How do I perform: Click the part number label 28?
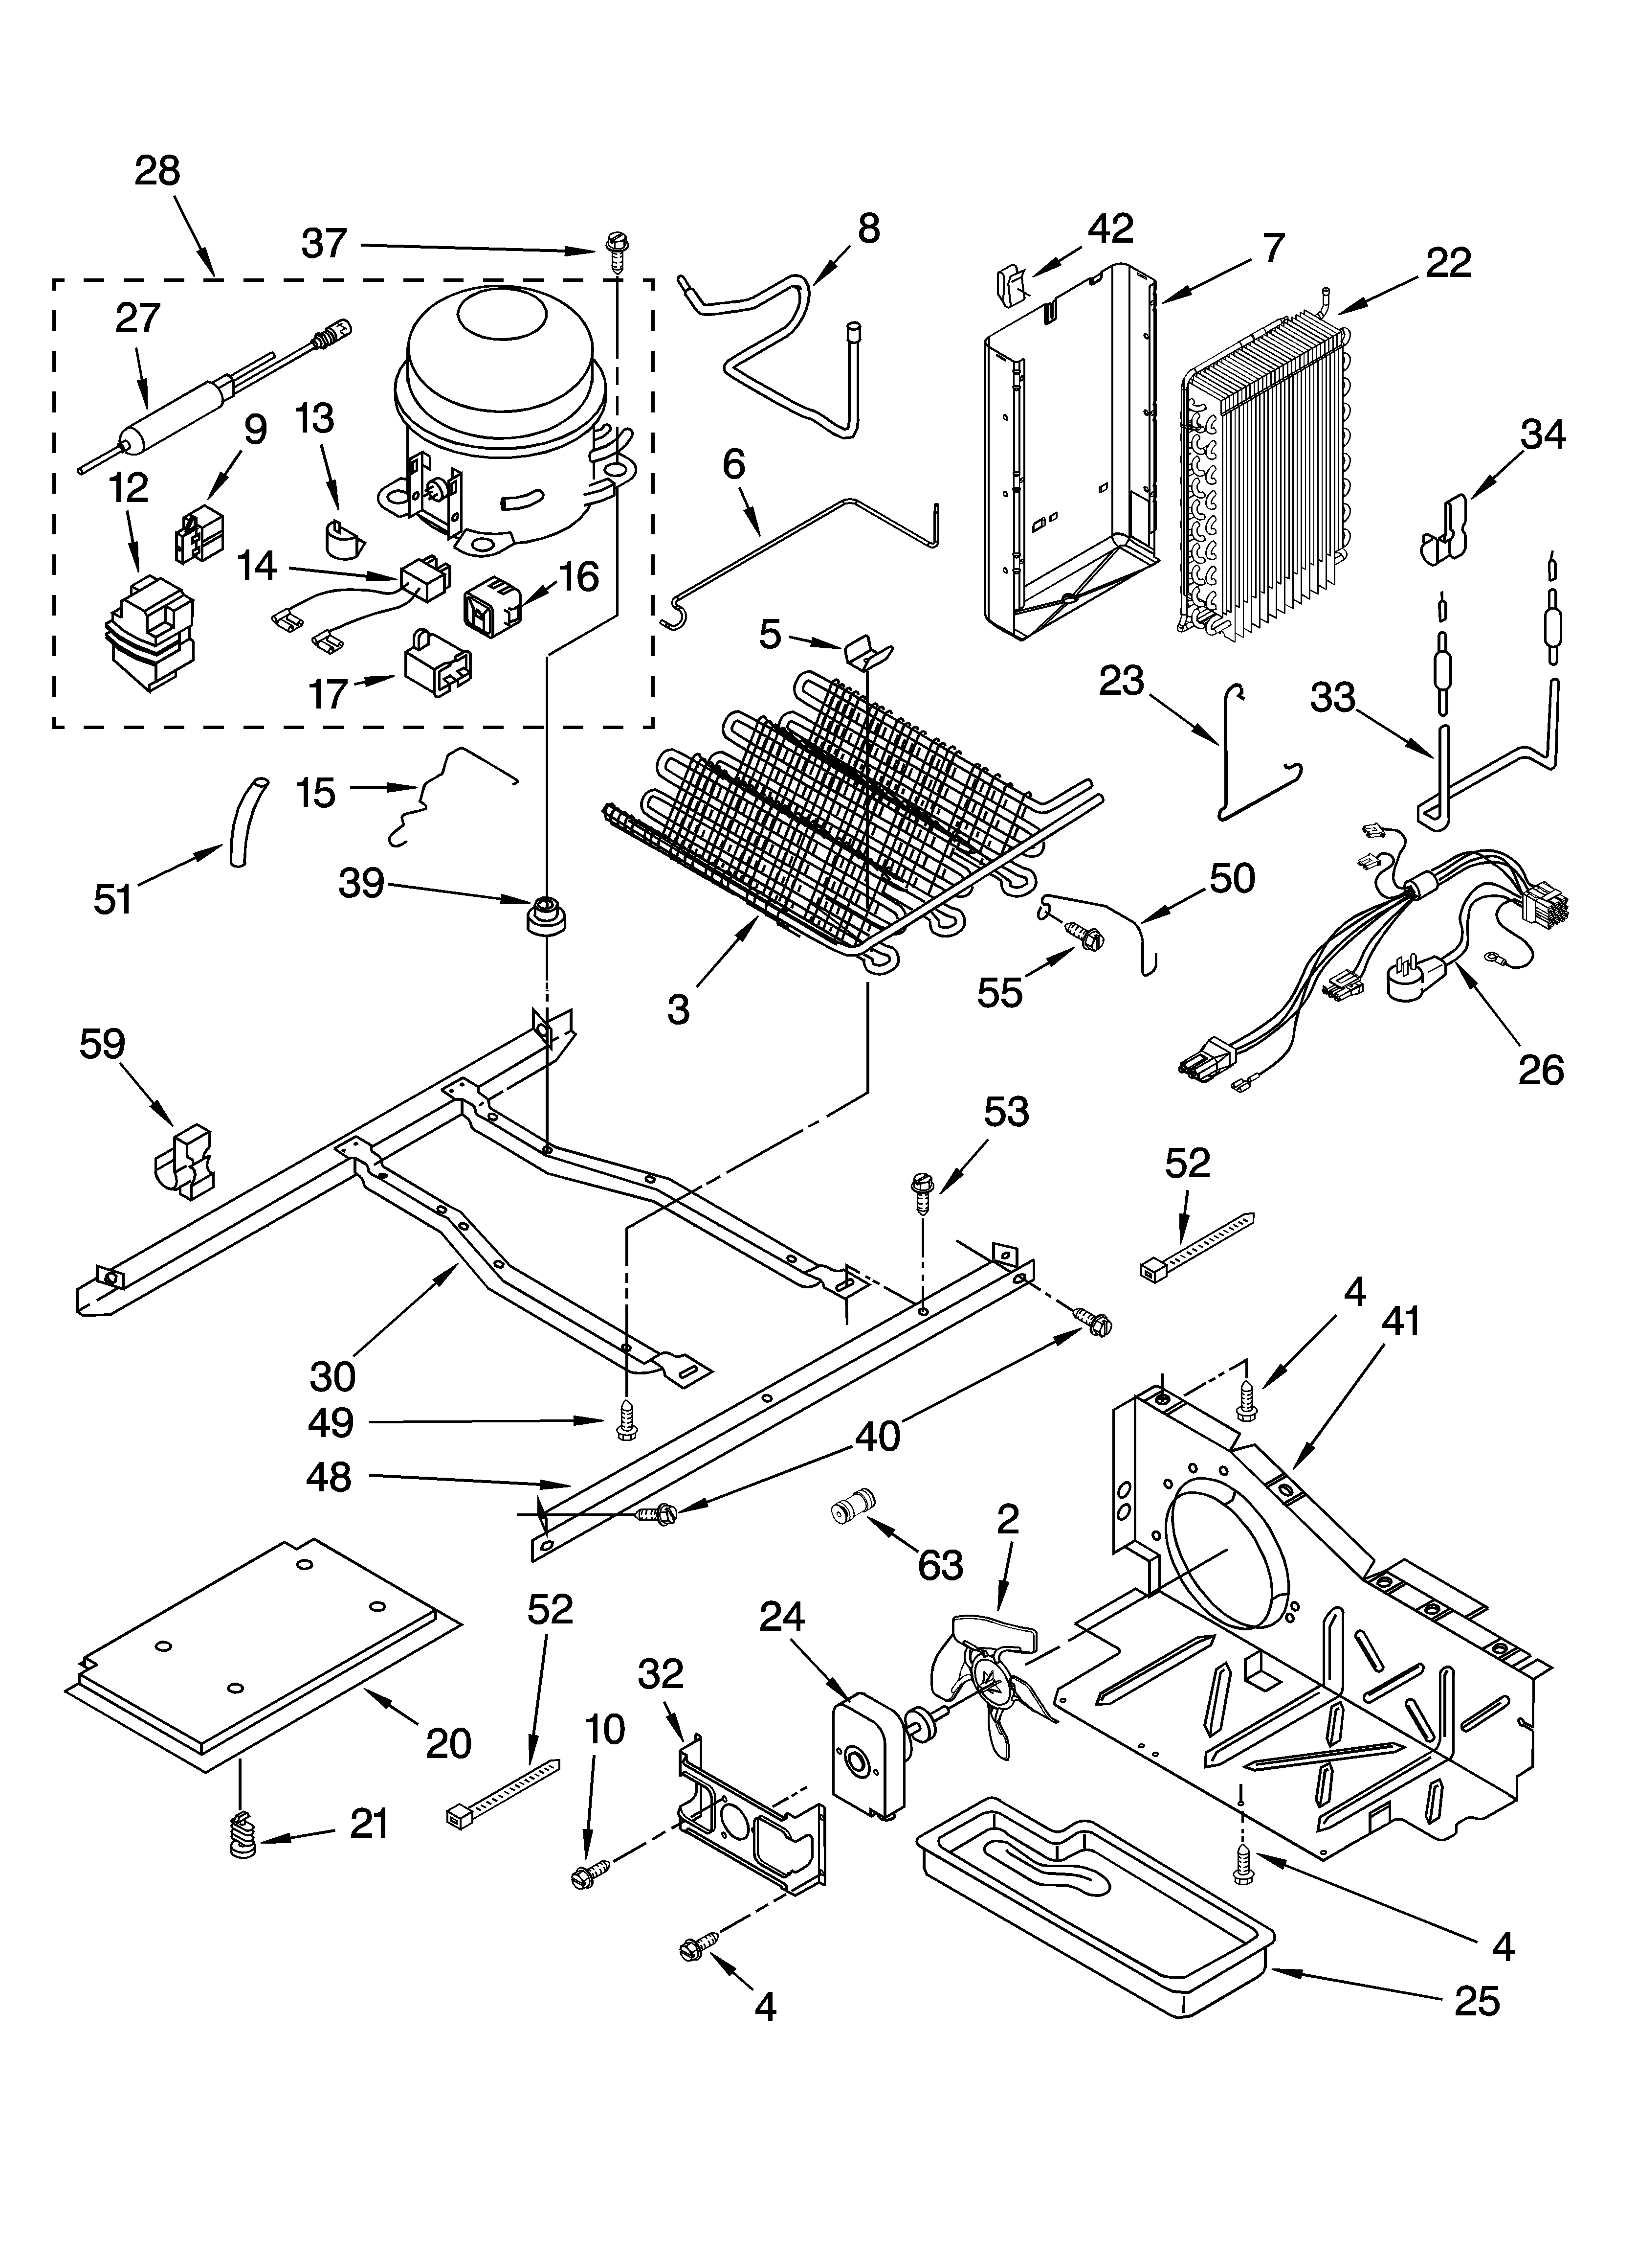tap(157, 172)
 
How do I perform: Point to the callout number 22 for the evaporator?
tap(1448, 263)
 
